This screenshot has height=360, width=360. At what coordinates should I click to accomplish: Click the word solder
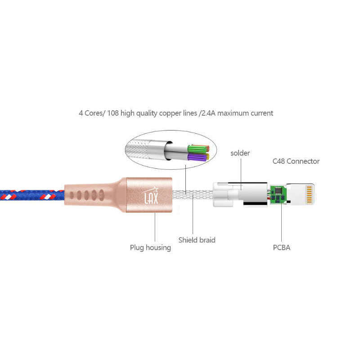[240, 153]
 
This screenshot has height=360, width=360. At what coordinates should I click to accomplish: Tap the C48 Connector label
[296, 161]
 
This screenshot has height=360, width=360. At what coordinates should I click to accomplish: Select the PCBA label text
[281, 247]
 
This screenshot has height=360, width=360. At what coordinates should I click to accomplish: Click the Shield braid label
[197, 240]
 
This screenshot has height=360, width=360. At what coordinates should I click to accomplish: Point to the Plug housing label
[150, 247]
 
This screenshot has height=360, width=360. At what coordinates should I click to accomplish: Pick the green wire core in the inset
[198, 148]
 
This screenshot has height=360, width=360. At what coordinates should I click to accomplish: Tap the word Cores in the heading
[94, 113]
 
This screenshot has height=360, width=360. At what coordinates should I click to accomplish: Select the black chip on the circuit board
[279, 193]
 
